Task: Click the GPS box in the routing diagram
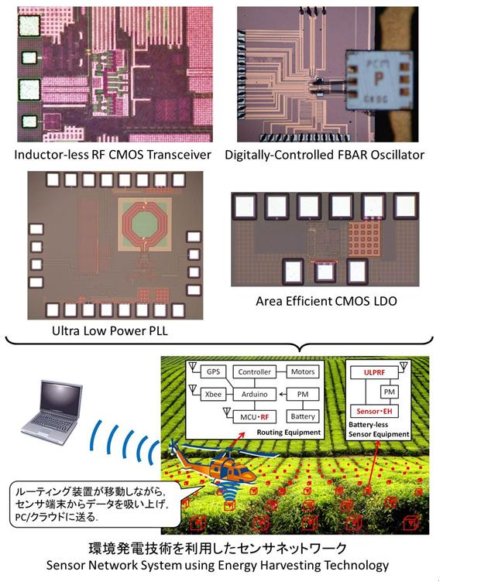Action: click(214, 372)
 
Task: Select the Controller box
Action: click(255, 372)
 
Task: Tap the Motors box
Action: click(302, 372)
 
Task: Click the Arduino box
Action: click(255, 395)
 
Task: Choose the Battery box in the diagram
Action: click(302, 416)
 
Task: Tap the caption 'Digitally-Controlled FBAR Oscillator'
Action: click(325, 155)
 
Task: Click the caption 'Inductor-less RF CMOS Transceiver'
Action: click(113, 155)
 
